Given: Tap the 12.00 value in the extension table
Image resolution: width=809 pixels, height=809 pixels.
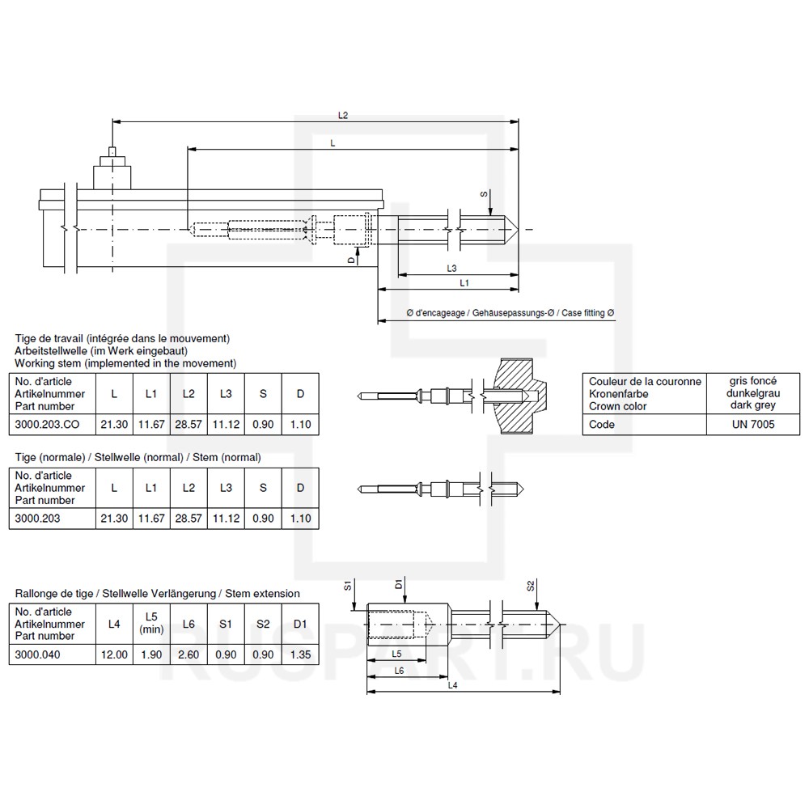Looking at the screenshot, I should click(114, 655).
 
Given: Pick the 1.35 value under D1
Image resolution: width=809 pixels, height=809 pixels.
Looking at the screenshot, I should click(300, 655).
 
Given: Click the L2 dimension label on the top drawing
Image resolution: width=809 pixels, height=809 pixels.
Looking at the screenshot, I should click(343, 116).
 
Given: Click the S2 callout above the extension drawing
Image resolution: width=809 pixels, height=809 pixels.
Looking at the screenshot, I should click(531, 586).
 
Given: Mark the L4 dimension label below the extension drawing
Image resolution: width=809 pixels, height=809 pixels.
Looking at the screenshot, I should click(453, 686).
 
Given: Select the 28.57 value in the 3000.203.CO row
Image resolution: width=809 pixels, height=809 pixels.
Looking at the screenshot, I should click(188, 425).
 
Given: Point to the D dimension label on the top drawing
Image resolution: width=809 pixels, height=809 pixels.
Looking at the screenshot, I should click(351, 260).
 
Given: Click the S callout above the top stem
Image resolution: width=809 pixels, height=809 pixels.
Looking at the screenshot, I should click(484, 194).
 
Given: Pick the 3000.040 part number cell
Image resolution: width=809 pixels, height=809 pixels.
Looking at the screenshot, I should click(38, 655).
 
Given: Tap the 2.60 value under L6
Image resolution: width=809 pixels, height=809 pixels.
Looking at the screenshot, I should click(188, 655).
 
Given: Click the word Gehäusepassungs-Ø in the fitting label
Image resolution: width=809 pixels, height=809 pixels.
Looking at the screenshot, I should click(515, 312).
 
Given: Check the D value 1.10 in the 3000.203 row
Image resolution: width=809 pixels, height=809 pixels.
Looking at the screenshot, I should click(300, 519).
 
